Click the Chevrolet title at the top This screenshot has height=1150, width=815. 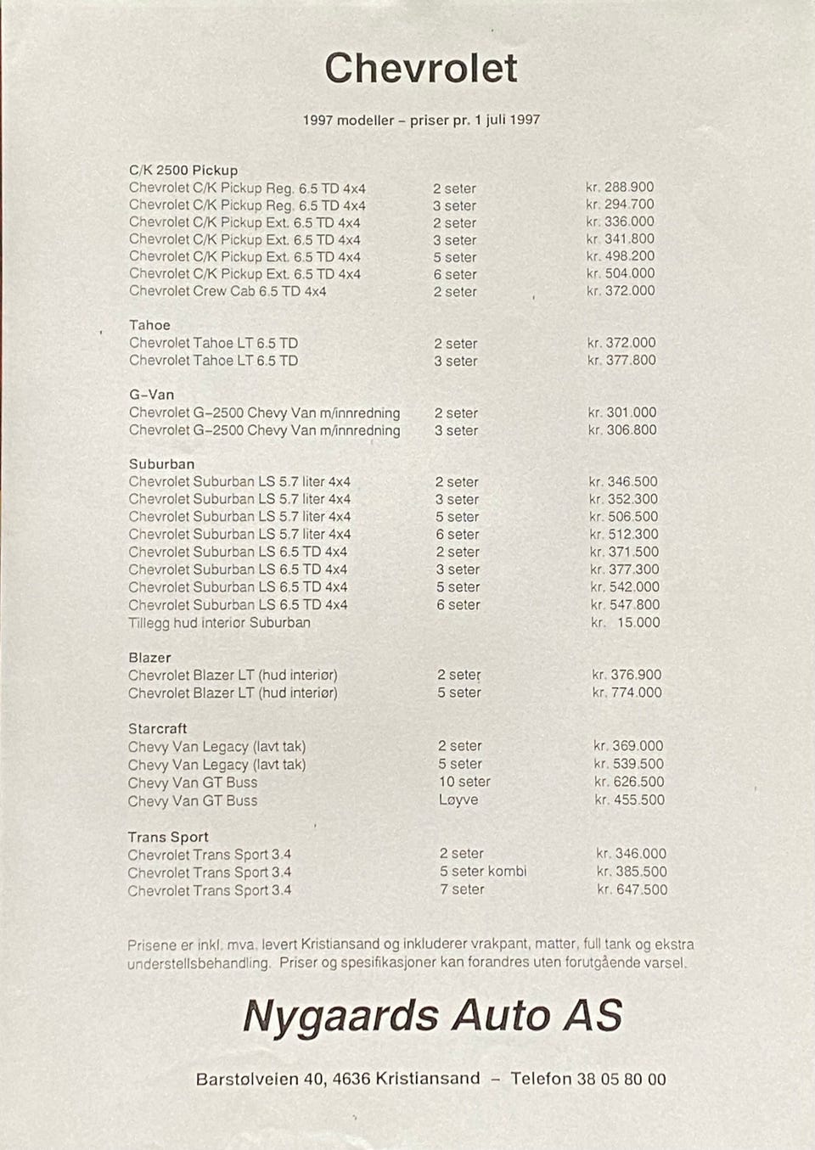(x=421, y=68)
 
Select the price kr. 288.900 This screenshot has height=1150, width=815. (x=620, y=187)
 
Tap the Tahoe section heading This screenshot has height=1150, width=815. (x=149, y=325)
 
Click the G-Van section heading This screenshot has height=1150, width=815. (x=151, y=395)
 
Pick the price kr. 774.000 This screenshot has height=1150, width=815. (x=627, y=693)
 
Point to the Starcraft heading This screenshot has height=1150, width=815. (x=157, y=728)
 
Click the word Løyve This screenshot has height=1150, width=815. (x=458, y=799)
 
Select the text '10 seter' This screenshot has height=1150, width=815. (x=464, y=782)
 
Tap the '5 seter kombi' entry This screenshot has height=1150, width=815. (x=483, y=872)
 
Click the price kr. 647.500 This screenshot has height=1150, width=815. (x=632, y=889)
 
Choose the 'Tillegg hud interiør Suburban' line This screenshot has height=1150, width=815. (x=219, y=622)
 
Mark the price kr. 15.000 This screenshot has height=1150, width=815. (x=626, y=622)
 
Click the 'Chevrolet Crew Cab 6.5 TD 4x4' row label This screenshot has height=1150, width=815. (x=228, y=291)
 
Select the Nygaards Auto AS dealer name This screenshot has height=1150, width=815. (x=433, y=1016)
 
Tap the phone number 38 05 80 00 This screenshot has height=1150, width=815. (x=621, y=1080)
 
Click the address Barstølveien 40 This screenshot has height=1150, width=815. (x=260, y=1080)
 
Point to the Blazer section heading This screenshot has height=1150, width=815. (x=149, y=658)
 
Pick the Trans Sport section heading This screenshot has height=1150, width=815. (x=168, y=837)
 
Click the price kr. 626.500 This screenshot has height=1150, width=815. (x=629, y=782)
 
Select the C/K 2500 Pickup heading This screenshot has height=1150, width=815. (x=183, y=170)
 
